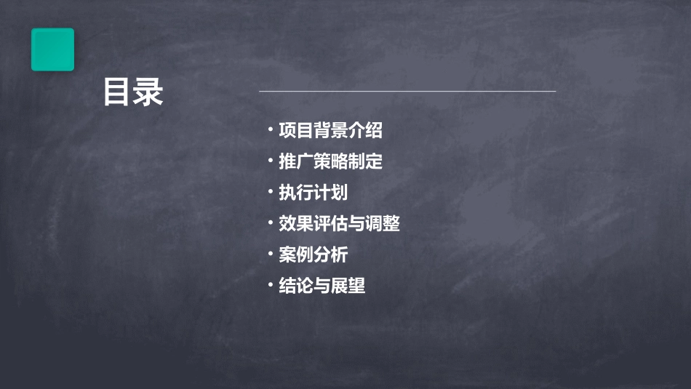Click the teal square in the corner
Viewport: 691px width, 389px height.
(x=52, y=49)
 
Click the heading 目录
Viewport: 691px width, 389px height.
(x=133, y=92)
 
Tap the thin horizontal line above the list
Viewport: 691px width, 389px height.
(x=407, y=92)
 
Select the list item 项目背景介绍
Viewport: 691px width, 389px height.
(x=331, y=131)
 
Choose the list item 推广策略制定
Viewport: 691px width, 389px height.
(x=331, y=161)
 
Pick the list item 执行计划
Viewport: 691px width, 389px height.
(x=313, y=193)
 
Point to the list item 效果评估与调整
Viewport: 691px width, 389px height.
(x=340, y=224)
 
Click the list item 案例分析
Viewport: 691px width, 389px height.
(x=313, y=254)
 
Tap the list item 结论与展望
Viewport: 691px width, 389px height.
(x=322, y=286)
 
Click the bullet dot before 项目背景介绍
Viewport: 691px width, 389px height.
(x=270, y=131)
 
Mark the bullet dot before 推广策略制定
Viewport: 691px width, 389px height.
(x=270, y=161)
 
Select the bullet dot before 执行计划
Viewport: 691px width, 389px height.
(x=270, y=193)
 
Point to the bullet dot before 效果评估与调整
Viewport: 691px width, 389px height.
(x=270, y=223)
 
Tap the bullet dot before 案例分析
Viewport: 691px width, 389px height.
(x=270, y=254)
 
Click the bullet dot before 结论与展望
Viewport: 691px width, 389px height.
(x=270, y=285)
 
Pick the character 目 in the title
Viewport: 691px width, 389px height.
(x=117, y=92)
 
